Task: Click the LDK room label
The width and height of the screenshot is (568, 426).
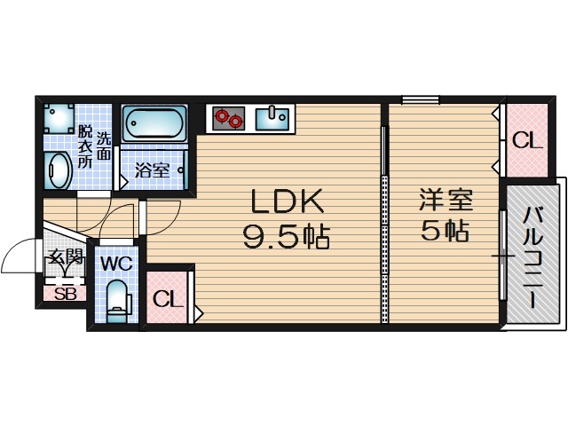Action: [288, 202]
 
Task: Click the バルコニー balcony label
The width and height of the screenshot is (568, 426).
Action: [533, 257]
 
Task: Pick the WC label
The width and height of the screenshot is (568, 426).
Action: [116, 264]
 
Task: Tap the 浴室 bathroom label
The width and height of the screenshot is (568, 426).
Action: [152, 169]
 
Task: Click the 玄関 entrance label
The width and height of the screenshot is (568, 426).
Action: [65, 259]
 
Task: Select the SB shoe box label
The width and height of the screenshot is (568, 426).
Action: [65, 294]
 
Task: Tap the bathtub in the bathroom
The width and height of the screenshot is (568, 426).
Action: [153, 122]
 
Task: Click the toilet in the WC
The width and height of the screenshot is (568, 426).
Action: [117, 299]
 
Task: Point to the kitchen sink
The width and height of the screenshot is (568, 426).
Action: [272, 117]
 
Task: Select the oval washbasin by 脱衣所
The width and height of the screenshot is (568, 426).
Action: [59, 170]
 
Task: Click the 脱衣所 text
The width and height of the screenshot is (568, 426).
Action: [85, 147]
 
